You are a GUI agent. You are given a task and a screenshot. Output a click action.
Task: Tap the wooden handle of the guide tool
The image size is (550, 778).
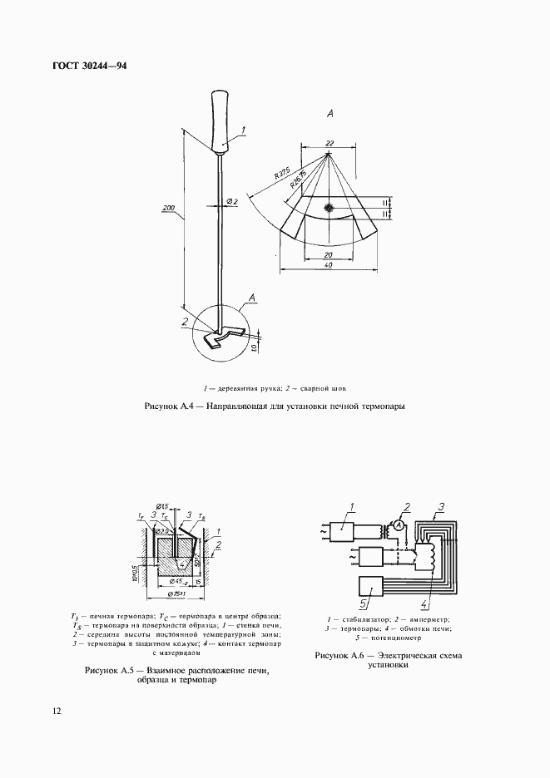221,123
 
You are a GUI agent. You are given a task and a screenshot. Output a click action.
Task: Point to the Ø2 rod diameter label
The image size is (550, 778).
232,202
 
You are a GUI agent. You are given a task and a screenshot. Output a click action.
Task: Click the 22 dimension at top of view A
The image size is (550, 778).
330,144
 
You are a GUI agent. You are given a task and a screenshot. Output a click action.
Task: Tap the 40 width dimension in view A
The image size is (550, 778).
330,265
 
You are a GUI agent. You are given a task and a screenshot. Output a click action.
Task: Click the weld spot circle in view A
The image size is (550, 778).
330,208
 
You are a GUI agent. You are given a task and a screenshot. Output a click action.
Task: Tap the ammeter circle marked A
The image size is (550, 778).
399,524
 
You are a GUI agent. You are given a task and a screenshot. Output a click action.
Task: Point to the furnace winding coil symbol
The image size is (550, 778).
432,555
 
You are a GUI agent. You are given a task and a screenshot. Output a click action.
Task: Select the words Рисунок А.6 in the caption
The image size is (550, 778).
340,656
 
